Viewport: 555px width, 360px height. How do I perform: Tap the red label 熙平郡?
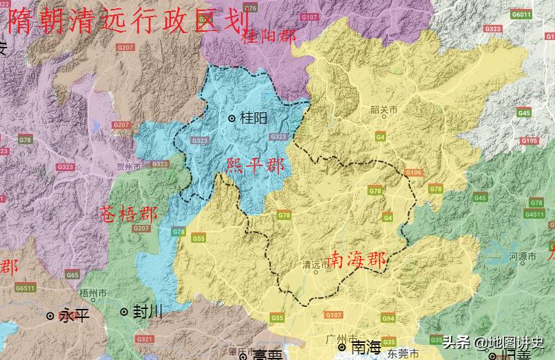click(x=255, y=166)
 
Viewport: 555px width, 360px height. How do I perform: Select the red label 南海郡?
click(x=356, y=260)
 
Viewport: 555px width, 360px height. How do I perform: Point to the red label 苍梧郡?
click(x=128, y=213)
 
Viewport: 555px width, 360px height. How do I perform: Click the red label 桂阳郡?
click(x=269, y=37)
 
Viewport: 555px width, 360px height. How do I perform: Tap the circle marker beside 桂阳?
click(x=232, y=119)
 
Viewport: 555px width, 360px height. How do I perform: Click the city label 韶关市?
click(x=384, y=110)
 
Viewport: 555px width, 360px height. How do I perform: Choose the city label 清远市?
click(x=316, y=264)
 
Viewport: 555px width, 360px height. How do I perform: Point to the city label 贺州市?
click(x=129, y=168)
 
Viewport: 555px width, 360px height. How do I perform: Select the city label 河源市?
click(x=522, y=257)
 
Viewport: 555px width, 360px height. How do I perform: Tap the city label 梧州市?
click(x=93, y=293)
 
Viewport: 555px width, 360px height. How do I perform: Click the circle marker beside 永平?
click(x=50, y=316)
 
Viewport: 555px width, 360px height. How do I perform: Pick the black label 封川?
click(x=148, y=312)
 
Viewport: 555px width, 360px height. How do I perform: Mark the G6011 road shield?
click(x=521, y=14)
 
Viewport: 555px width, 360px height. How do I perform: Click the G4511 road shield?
click(x=534, y=214)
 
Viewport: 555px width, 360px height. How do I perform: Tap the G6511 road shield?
click(x=25, y=288)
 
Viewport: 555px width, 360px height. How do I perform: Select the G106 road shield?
click(x=413, y=172)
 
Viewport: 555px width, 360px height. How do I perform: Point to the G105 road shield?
click(x=529, y=141)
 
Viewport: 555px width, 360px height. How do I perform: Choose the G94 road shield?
click(x=388, y=319)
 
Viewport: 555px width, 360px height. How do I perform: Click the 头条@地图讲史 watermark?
click(x=493, y=341)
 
